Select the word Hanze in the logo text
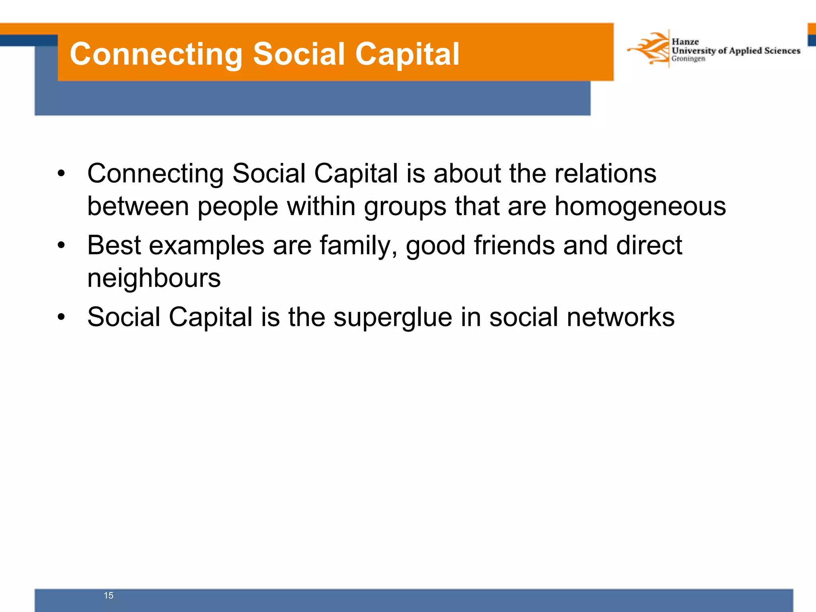(x=685, y=42)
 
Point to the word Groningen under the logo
(x=688, y=59)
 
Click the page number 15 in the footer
(x=108, y=595)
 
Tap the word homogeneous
(x=640, y=206)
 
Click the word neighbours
(x=154, y=278)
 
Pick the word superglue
(x=392, y=318)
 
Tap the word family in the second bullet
(x=358, y=245)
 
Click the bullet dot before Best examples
(x=61, y=246)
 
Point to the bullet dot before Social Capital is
(x=61, y=318)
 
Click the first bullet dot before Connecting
(x=61, y=174)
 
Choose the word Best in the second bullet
(x=114, y=245)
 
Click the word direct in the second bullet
(x=649, y=245)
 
